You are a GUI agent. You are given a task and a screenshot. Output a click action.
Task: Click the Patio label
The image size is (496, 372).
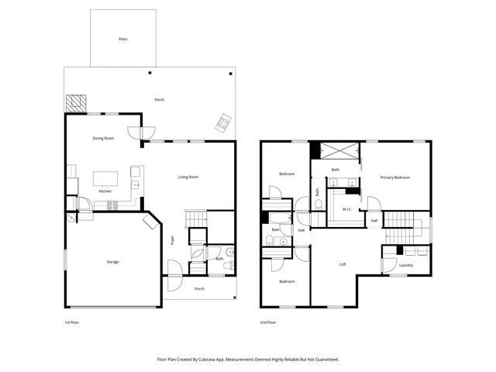[x=122, y=38]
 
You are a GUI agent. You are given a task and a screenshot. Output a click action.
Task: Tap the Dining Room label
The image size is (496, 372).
[x=103, y=138]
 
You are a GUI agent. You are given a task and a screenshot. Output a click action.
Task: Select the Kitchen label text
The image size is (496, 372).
[x=105, y=191]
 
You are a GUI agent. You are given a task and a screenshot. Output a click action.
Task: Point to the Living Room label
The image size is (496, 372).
[x=188, y=177]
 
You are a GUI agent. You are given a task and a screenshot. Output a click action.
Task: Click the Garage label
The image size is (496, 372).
[x=112, y=262]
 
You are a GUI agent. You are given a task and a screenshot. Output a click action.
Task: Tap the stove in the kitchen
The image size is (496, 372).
[x=112, y=205]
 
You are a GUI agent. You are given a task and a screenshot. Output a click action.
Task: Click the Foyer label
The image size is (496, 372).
[x=172, y=239]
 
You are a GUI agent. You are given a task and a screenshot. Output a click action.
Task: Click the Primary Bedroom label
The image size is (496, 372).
[x=394, y=177]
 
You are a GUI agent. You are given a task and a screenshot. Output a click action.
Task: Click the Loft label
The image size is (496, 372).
[x=343, y=263]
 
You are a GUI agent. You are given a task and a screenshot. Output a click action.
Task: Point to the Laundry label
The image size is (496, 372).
[x=406, y=265]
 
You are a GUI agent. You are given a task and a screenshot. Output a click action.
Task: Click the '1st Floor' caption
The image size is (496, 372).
[x=71, y=322]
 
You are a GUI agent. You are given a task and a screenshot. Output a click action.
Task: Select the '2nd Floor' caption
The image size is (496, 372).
[x=268, y=322]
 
